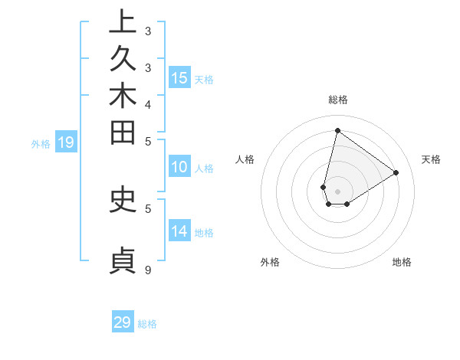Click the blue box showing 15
pyautogui.click(x=179, y=78)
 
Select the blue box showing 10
pyautogui.click(x=179, y=168)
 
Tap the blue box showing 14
pyautogui.click(x=179, y=232)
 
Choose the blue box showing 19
pyautogui.click(x=66, y=142)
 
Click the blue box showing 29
pyautogui.click(x=123, y=322)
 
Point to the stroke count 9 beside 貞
pyautogui.click(x=148, y=270)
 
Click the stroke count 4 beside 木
pyautogui.click(x=148, y=103)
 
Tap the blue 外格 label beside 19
pyautogui.click(x=41, y=143)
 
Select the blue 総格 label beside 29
pyautogui.click(x=148, y=324)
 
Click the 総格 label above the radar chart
pyautogui.click(x=337, y=99)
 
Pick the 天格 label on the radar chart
pyautogui.click(x=432, y=159)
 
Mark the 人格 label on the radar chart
pyautogui.click(x=245, y=159)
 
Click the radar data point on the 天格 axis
pyautogui.click(x=396, y=172)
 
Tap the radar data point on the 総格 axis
pyautogui.click(x=337, y=130)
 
